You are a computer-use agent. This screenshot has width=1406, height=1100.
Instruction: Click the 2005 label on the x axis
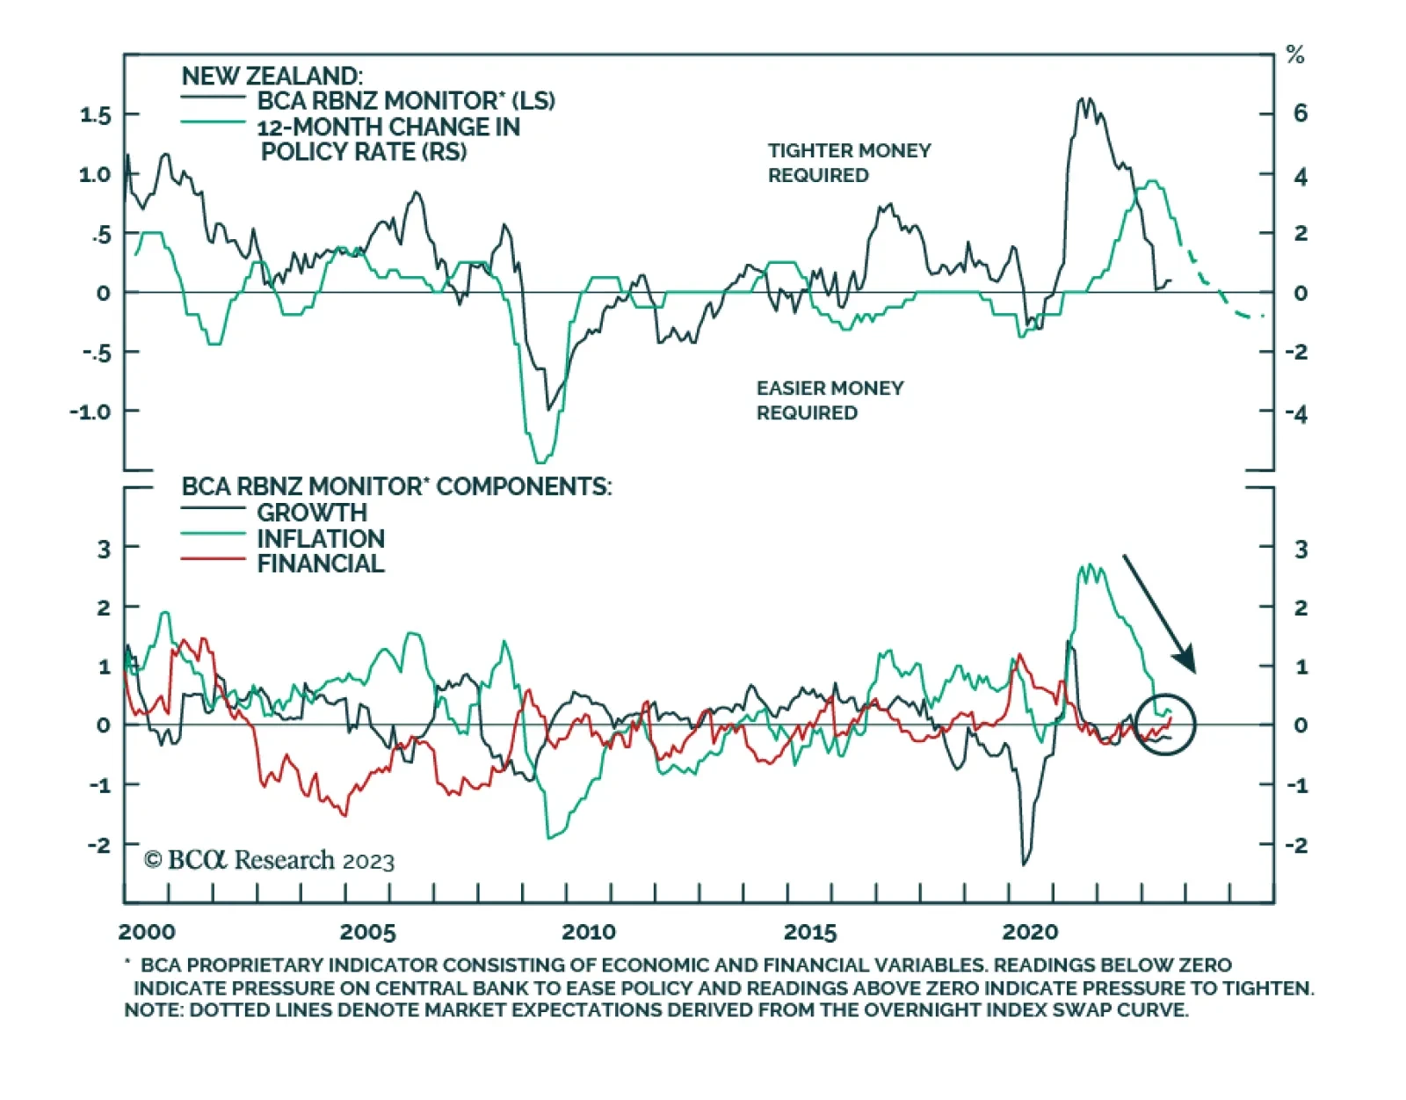point(367,932)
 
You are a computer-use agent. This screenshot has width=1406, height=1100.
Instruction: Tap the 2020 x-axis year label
point(1030,932)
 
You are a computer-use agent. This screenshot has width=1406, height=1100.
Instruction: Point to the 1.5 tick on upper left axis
point(96,115)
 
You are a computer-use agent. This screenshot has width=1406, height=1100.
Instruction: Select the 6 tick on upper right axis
point(1300,113)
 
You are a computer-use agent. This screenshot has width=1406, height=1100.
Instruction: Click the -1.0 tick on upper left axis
point(91,412)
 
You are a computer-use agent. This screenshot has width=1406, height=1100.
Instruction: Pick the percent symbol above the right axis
point(1294,55)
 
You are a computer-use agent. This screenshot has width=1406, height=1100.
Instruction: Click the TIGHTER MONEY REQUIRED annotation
point(849,163)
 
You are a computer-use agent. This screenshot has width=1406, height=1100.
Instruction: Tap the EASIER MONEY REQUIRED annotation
point(830,400)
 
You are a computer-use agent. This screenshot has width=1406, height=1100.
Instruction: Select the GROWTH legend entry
point(311,513)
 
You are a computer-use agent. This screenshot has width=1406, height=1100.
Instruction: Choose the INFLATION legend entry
point(320,538)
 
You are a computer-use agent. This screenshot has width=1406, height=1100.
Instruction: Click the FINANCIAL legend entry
point(320,564)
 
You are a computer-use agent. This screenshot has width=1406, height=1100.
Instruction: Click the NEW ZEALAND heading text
point(272,76)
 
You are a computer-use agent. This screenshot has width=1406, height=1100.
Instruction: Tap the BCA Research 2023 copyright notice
point(269,860)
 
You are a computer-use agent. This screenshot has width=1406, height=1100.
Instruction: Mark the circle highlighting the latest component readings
point(1165,724)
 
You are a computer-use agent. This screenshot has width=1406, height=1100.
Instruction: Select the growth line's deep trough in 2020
point(1025,862)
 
